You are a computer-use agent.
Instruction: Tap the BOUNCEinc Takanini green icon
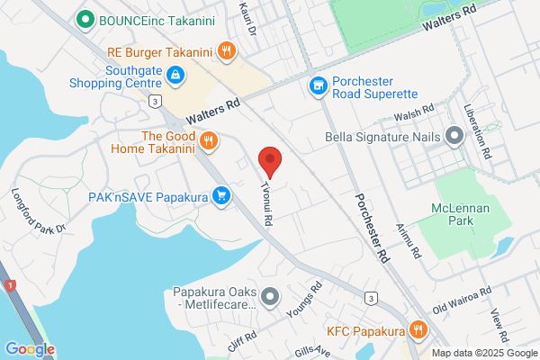tap(87, 18)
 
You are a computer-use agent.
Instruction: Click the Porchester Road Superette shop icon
tap(317, 86)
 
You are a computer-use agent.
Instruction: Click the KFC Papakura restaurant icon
tap(417, 330)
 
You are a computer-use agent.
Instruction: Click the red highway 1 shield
tap(11, 285)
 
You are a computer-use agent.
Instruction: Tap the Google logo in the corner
tap(30, 348)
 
